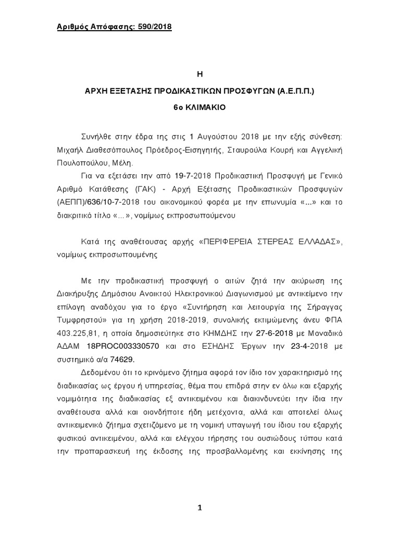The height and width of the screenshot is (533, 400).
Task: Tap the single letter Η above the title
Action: click(199, 74)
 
